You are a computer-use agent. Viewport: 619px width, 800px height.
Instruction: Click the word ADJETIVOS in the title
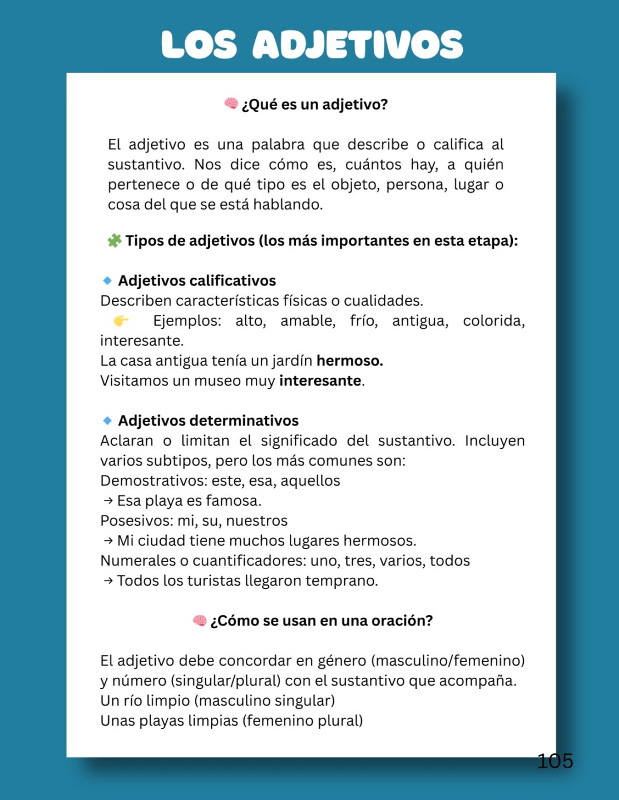pyautogui.click(x=358, y=44)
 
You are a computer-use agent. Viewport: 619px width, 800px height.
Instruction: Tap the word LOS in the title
pyautogui.click(x=199, y=44)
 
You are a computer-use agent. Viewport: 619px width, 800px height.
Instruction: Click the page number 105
pyautogui.click(x=554, y=761)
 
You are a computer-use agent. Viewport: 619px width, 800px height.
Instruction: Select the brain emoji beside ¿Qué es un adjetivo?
pyautogui.click(x=231, y=103)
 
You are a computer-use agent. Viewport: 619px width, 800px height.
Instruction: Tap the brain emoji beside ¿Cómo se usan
pyautogui.click(x=200, y=620)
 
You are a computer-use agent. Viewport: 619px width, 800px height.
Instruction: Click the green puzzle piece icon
pyautogui.click(x=115, y=241)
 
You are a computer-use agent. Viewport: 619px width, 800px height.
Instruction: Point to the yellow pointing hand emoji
pyautogui.click(x=121, y=321)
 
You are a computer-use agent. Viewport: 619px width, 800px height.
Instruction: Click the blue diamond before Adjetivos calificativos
pyautogui.click(x=107, y=281)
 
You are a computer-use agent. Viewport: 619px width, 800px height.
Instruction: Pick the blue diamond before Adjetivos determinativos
pyautogui.click(x=107, y=421)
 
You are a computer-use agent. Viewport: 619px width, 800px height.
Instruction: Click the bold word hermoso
pyautogui.click(x=349, y=361)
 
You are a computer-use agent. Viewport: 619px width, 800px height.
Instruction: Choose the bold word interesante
pyautogui.click(x=320, y=381)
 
